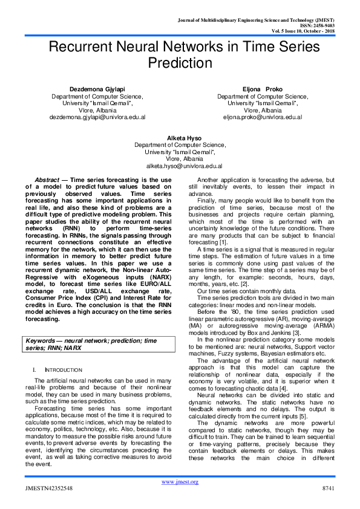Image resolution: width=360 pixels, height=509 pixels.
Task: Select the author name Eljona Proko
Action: (259, 89)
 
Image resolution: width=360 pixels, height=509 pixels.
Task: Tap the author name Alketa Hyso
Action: (180, 138)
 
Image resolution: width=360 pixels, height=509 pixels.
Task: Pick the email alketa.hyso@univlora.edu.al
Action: (180, 166)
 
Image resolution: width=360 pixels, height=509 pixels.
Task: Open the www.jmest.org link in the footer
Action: (180, 481)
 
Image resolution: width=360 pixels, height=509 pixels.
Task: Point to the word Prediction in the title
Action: (180, 63)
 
